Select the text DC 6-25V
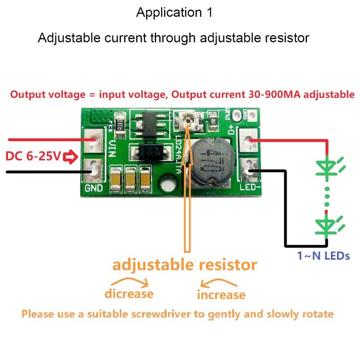click(33, 157)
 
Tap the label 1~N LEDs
click(323, 256)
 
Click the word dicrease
click(129, 294)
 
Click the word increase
click(221, 295)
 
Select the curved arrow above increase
click(219, 283)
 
